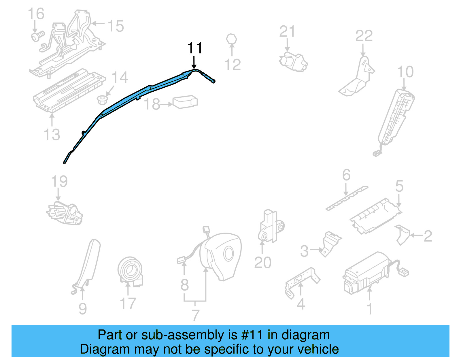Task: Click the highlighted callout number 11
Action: (195, 48)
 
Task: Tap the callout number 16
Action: (36, 14)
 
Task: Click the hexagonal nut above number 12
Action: (232, 39)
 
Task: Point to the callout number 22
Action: (364, 36)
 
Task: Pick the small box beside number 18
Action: (185, 102)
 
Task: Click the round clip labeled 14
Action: (102, 100)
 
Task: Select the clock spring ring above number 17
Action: (130, 271)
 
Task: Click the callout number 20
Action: (263, 263)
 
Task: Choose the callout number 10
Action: (405, 72)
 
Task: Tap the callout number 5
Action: (399, 186)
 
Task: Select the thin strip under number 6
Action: (347, 198)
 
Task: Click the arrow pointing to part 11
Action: (194, 62)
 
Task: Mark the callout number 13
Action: (52, 135)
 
